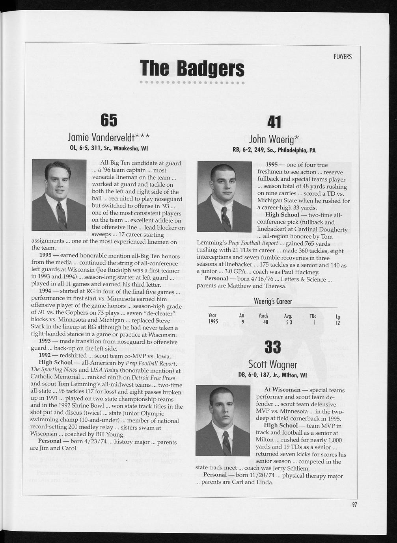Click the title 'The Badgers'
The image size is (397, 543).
(x=192, y=69)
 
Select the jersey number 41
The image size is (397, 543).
(x=274, y=122)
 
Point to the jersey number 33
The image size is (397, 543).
(x=272, y=347)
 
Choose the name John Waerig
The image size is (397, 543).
(x=274, y=139)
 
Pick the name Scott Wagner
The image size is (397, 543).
(x=272, y=364)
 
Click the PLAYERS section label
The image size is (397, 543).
(x=342, y=57)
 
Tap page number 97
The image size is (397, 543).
(x=354, y=505)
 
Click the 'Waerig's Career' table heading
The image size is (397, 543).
(x=273, y=302)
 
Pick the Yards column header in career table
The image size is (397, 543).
(x=263, y=316)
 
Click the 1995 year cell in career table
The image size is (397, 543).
(x=213, y=323)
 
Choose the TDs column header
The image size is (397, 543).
(x=313, y=316)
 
